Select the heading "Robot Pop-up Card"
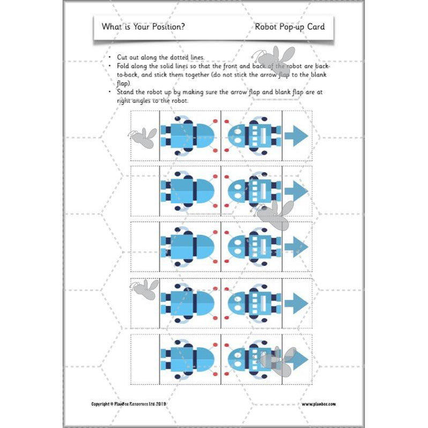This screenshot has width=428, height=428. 290,26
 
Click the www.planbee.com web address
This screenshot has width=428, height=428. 322,404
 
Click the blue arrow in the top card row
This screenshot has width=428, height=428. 296,135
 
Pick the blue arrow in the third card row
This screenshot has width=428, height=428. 296,246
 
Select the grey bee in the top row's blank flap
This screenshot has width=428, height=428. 144,137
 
